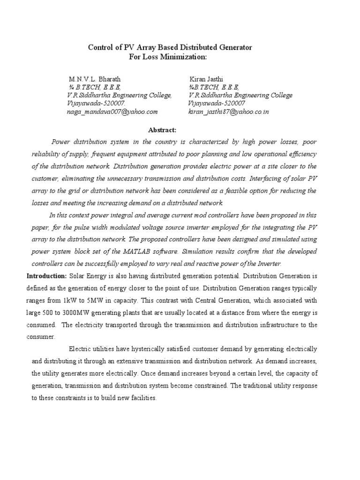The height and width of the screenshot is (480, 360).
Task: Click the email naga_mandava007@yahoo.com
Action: click(113, 112)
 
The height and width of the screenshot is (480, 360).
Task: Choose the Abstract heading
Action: click(162, 129)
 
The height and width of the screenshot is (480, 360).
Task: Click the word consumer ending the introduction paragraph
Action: click(41, 337)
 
